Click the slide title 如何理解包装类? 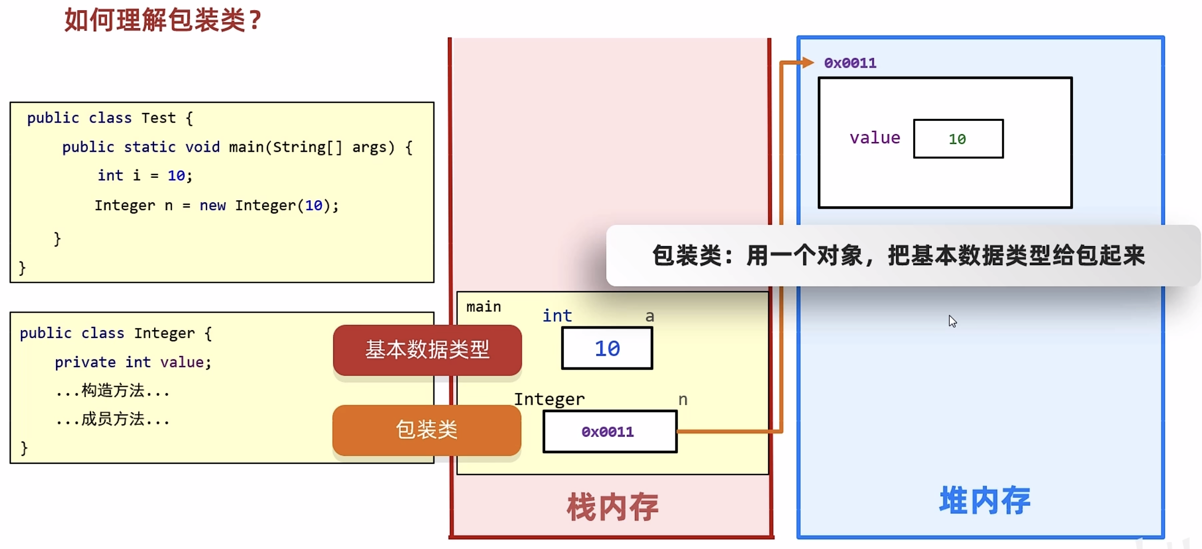pos(163,20)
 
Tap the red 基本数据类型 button pos(427,350)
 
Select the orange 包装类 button pos(426,430)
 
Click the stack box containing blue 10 pos(607,348)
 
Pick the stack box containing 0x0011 pos(610,431)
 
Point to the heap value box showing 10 pos(958,139)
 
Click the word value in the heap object pos(875,138)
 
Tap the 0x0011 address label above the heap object pos(850,63)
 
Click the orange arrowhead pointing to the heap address pos(808,63)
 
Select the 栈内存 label pos(612,506)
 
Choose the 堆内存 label pos(985,501)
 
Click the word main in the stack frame pos(483,307)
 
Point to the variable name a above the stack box pos(650,316)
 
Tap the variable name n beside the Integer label pos(683,399)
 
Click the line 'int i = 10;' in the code pos(144,176)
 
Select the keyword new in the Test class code pos(213,206)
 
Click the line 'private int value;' pos(133,362)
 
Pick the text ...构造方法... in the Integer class pos(112,391)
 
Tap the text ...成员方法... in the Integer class pos(112,420)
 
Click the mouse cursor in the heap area pos(953,321)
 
